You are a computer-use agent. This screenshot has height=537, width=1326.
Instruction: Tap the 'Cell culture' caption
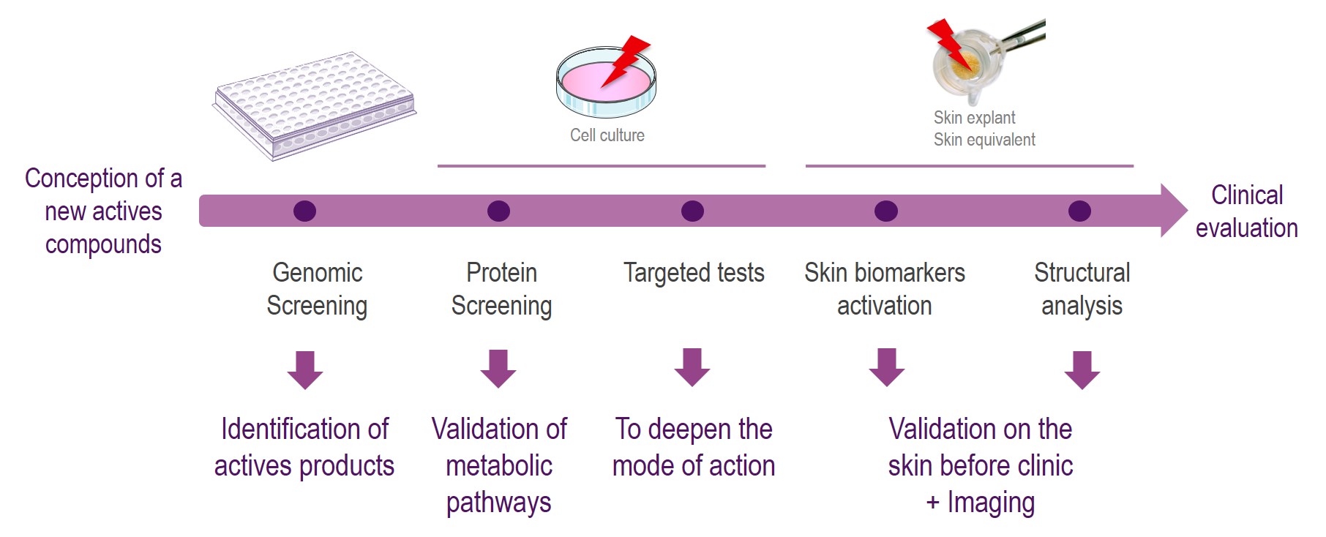(x=607, y=135)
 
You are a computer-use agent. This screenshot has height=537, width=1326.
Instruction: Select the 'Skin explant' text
(x=974, y=118)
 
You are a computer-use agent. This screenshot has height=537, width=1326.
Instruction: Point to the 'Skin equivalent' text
(x=984, y=140)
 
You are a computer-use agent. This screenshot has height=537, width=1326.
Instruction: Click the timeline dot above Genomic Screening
(x=304, y=211)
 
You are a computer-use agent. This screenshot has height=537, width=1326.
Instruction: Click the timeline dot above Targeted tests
(x=692, y=211)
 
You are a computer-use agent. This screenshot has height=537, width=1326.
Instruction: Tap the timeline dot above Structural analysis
(x=1079, y=211)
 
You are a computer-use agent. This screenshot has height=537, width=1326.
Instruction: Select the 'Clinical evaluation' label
(x=1246, y=211)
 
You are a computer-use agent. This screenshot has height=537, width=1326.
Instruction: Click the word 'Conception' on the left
(x=82, y=179)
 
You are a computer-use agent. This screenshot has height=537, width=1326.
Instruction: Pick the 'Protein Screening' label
(x=501, y=289)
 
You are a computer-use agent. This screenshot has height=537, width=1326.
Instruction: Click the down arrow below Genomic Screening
(x=305, y=369)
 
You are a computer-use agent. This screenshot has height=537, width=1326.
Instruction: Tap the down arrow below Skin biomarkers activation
(x=887, y=367)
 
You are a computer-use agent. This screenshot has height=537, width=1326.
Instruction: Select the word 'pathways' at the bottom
(x=498, y=503)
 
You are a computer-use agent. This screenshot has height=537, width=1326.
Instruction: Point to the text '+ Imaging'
(x=980, y=503)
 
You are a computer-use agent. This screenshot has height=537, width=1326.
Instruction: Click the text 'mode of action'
(x=693, y=466)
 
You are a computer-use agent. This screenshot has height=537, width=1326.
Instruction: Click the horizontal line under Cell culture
(x=601, y=166)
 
